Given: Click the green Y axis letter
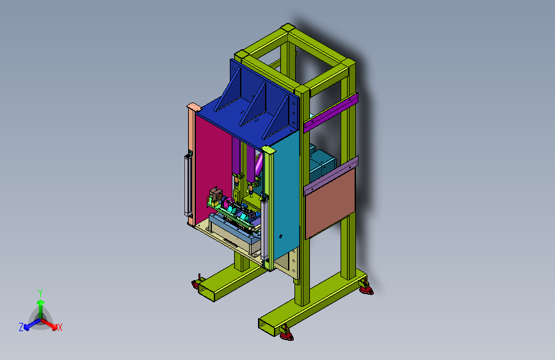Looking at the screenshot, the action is point(40,293).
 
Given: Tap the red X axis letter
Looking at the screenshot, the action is point(60,327).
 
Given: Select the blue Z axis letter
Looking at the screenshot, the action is point(21,327).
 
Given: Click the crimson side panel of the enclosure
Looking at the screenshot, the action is point(213,167).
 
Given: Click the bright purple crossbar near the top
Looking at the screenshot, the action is point(330,112).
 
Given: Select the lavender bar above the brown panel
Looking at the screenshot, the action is point(331,176).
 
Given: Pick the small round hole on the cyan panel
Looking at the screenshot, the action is point(280,236).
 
